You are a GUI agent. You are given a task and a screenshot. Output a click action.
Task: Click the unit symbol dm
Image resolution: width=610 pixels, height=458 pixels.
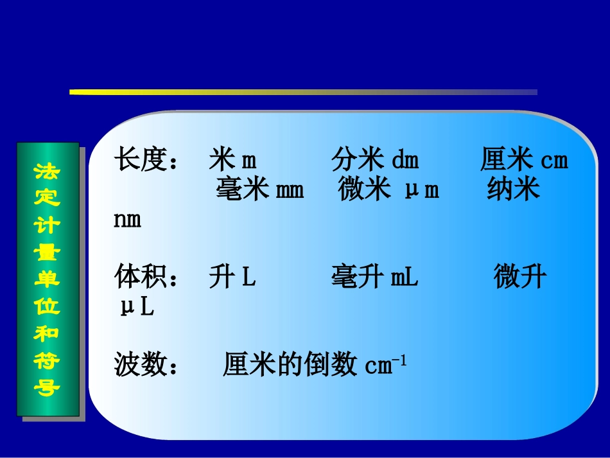point(405,160)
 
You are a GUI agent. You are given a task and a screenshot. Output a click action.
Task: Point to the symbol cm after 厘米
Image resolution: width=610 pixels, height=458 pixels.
point(554,160)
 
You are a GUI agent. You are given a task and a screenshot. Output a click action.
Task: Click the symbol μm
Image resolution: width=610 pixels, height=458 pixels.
point(422,190)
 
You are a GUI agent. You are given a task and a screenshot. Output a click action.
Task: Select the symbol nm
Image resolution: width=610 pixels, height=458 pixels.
point(127,220)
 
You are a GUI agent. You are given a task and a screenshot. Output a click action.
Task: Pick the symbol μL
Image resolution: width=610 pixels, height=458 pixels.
point(137,308)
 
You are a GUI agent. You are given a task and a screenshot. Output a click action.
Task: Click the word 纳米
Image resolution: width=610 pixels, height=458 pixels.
point(513,190)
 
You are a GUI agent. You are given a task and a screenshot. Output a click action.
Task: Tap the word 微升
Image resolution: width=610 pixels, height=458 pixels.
point(520,278)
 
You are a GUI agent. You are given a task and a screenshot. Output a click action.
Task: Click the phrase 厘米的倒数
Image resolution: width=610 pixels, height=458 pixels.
point(290,366)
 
